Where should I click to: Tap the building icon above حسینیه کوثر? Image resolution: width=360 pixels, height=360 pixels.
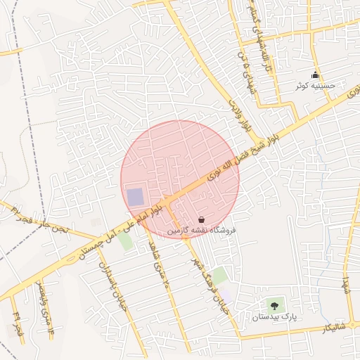click(315, 75)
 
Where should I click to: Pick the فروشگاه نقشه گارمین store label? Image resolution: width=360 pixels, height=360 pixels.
click(202, 230)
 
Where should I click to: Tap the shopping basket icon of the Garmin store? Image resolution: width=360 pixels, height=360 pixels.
click(202, 220)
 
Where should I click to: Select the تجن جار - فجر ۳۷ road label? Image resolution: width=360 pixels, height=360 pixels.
click(35, 219)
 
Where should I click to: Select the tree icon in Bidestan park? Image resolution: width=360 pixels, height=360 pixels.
click(274, 306)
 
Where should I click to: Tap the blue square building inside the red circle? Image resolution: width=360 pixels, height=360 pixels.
click(134, 197)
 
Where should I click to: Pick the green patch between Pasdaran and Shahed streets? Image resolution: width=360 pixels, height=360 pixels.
click(125, 241)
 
